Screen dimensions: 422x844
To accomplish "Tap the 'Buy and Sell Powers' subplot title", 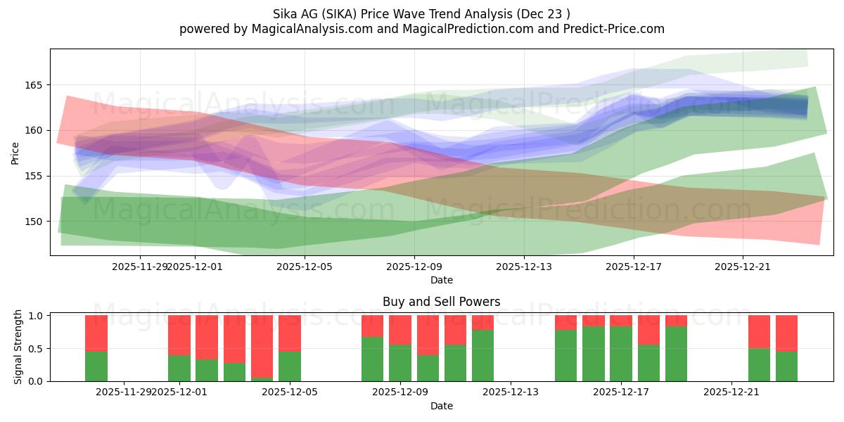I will click(441, 302).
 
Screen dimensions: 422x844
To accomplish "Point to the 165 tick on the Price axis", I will click(35, 85).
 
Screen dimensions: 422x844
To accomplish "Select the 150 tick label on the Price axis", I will click(35, 222).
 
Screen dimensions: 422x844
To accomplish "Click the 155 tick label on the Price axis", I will click(35, 176).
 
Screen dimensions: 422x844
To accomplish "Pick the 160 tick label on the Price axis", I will click(35, 131).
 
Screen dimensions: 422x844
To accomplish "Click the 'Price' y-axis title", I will click(15, 152).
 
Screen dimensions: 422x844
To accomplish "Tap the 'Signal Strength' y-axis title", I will click(18, 347).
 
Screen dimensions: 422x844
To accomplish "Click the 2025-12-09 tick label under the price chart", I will click(414, 267).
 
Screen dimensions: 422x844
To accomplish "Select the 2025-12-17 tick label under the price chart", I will click(633, 267).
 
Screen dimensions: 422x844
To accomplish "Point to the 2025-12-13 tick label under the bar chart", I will click(510, 392).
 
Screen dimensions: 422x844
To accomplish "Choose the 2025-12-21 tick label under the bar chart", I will click(731, 392).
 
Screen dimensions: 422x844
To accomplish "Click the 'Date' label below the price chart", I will click(441, 280).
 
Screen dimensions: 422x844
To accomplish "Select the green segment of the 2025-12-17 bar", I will click(621, 353).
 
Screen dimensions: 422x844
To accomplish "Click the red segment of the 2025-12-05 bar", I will click(290, 333).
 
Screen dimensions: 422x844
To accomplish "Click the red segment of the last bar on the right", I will click(786, 333).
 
